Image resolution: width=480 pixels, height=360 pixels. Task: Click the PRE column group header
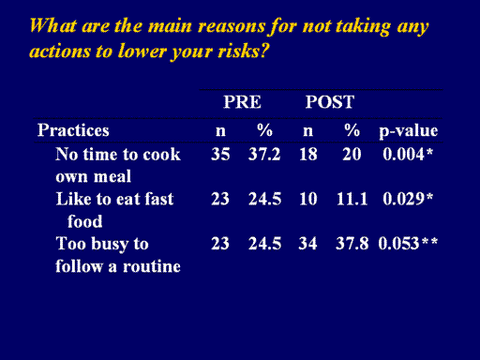click(x=242, y=102)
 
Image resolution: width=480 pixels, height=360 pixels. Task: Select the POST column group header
click(x=330, y=102)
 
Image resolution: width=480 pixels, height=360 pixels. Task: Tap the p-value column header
click(x=408, y=130)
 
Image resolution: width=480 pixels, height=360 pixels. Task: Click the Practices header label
click(x=73, y=130)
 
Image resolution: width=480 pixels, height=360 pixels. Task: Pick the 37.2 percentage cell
click(x=264, y=154)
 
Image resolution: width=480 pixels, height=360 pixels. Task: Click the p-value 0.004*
click(x=408, y=154)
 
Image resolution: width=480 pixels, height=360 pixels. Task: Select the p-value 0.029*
click(x=408, y=199)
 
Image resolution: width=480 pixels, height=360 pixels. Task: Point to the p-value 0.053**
click(x=408, y=244)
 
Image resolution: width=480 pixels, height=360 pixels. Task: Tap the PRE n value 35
click(x=220, y=154)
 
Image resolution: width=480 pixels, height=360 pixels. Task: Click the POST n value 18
click(x=308, y=154)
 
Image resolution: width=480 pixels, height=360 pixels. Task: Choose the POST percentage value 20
click(x=352, y=154)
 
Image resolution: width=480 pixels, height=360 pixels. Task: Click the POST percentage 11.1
click(x=352, y=199)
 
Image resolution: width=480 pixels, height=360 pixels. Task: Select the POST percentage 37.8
click(x=352, y=244)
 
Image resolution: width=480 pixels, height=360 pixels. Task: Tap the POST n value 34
click(x=307, y=244)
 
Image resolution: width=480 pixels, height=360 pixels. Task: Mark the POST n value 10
click(x=308, y=199)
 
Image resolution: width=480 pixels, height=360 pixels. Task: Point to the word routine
click(x=152, y=266)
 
